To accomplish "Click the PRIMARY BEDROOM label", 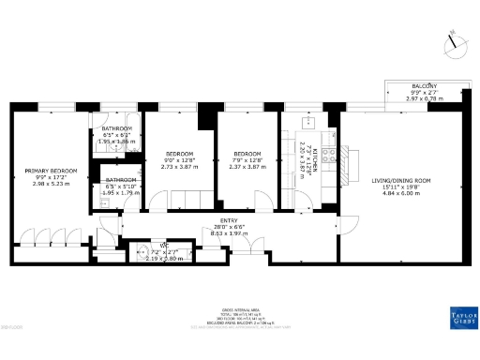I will pyautogui.click(x=51, y=171).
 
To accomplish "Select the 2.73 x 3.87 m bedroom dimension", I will pyautogui.click(x=180, y=165).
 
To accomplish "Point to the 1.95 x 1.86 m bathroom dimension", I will pyautogui.click(x=118, y=141).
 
